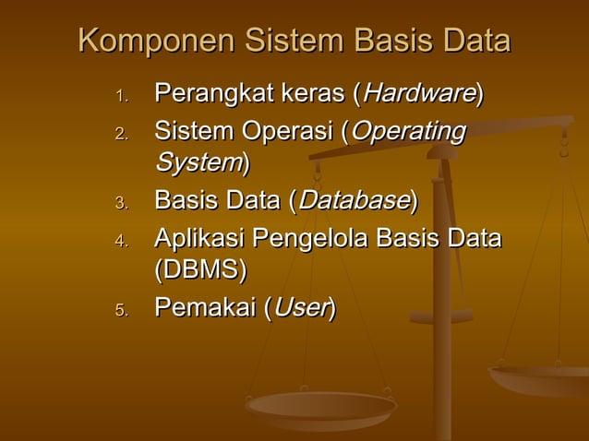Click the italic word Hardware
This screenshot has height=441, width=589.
click(419, 93)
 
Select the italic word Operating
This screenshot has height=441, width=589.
click(408, 132)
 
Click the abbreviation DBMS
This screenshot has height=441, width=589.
click(200, 270)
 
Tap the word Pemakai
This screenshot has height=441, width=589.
click(204, 307)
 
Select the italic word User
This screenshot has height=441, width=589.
click(300, 307)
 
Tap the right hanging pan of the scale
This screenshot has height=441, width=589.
click(540, 378)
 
